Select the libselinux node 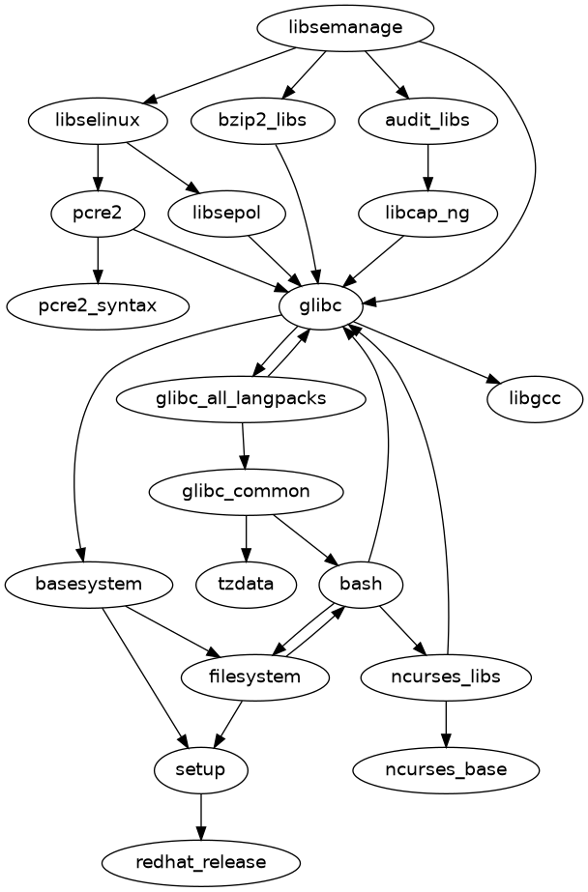98,121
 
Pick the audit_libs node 427,121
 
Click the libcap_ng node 427,214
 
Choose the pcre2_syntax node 98,306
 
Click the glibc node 321,306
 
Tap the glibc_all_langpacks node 241,398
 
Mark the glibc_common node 246,491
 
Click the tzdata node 246,584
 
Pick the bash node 361,584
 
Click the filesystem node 255,676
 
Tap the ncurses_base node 445,769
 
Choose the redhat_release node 200,861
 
